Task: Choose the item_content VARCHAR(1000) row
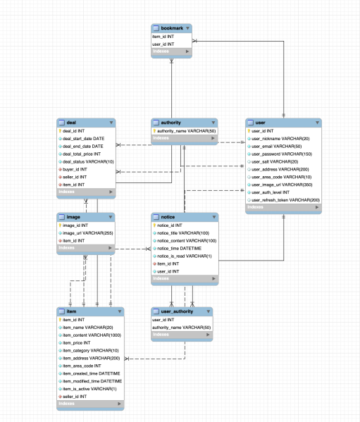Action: pyautogui.click(x=92, y=335)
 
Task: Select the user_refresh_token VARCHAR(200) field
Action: pyautogui.click(x=285, y=200)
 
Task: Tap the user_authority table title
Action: pyautogui.click(x=176, y=310)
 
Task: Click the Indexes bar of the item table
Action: pyautogui.click(x=90, y=404)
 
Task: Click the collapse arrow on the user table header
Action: pyautogui.click(x=317, y=123)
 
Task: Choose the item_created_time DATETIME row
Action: pyautogui.click(x=92, y=373)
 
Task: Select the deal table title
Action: pyautogui.click(x=72, y=123)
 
